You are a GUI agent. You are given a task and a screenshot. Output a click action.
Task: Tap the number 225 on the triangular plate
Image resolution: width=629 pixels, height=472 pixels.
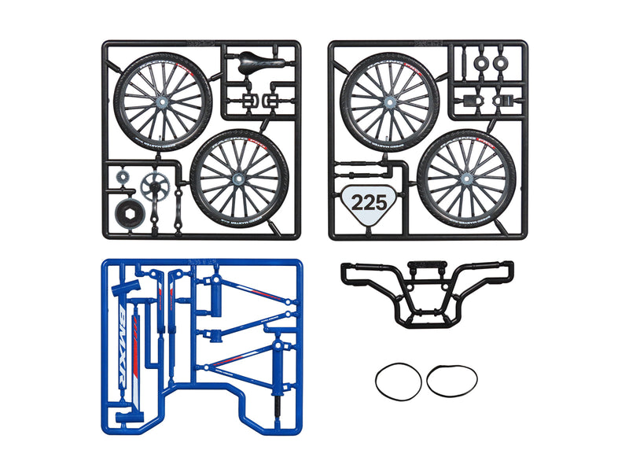coord(369,202)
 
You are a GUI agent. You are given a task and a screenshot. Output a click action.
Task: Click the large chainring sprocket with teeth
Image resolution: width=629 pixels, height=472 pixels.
coord(154,186)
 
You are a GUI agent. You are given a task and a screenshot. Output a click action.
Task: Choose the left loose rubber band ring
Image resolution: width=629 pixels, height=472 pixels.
coord(398,381)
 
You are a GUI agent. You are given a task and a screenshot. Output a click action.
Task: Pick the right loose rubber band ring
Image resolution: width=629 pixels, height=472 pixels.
coord(452,381)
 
